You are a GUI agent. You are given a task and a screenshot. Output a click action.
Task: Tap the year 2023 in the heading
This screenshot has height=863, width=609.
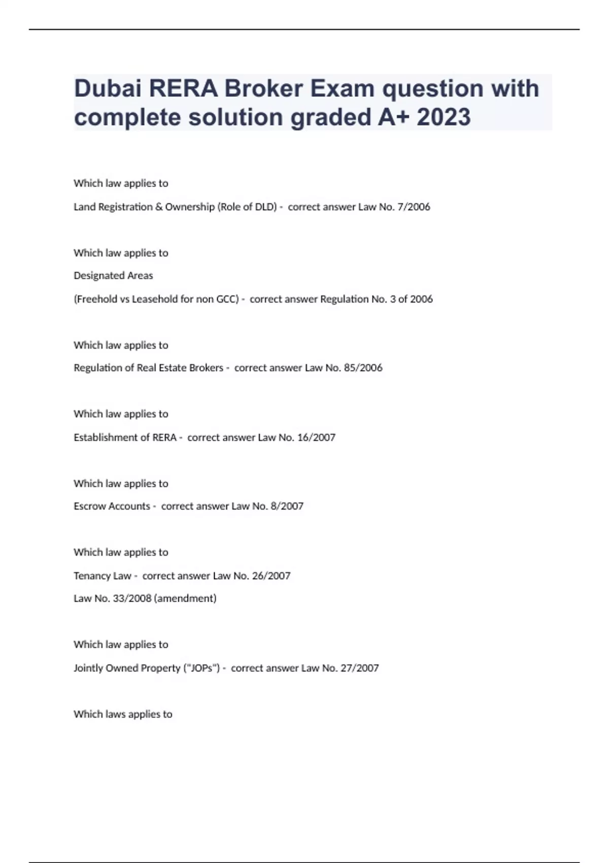444,117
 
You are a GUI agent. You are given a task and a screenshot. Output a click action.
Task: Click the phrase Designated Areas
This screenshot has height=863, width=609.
113,276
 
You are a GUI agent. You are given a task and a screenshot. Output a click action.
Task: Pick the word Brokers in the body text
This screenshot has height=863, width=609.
206,368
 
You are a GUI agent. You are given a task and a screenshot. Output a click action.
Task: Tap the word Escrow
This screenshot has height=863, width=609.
88,506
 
